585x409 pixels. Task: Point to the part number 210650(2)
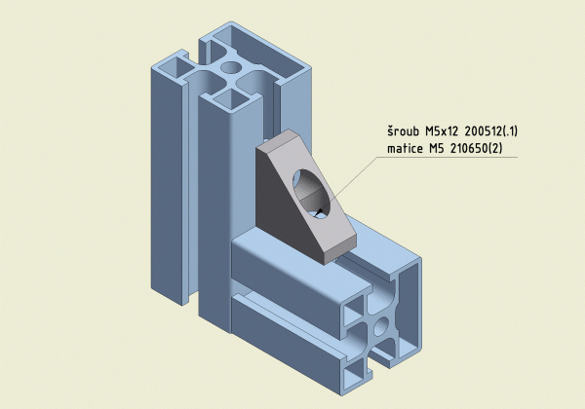[477, 148]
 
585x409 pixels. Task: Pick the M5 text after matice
[436, 148]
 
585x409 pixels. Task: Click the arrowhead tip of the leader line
[316, 215]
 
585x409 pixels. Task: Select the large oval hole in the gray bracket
[312, 194]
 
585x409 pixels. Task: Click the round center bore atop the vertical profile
[230, 67]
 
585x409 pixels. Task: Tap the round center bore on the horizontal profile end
[381, 326]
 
